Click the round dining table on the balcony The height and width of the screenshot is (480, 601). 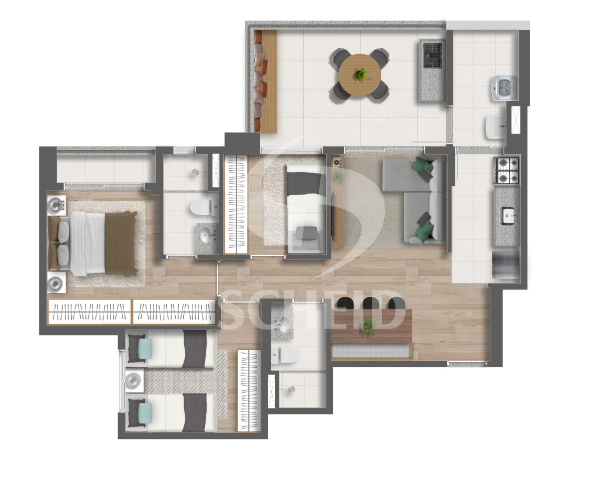360,75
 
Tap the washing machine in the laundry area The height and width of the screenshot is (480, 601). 505,88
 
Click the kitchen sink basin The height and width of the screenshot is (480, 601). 507,215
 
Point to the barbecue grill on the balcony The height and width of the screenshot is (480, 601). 432,55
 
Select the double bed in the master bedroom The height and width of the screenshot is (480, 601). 93,243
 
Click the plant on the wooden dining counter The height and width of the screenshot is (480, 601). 369,326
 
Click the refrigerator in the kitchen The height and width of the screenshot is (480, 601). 506,264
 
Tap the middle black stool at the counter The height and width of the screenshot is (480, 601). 371,303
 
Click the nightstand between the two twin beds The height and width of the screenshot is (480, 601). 135,379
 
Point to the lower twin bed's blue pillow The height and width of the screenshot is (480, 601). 146,412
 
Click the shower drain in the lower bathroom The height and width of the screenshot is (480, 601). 292,388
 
